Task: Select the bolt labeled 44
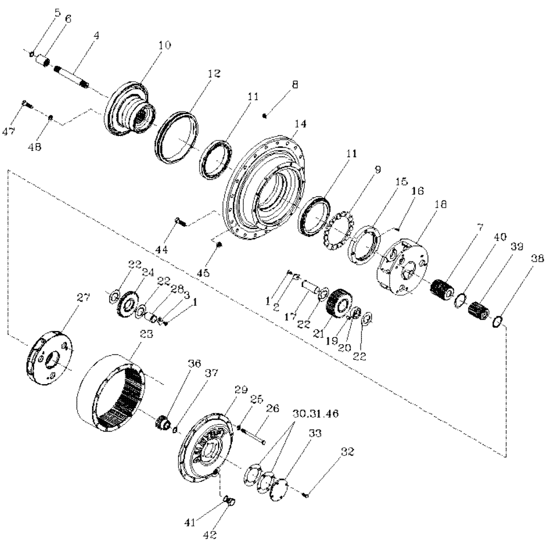coord(180,221)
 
